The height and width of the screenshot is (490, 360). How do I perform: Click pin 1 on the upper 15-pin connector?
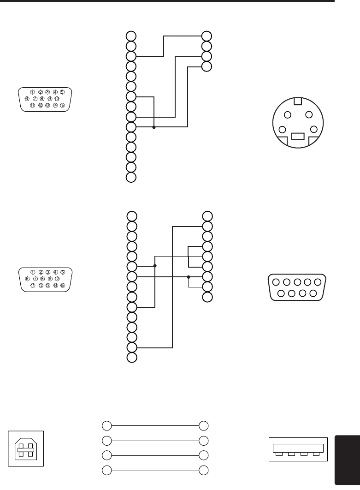click(x=33, y=92)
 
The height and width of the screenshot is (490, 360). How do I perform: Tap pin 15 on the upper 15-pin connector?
click(x=62, y=105)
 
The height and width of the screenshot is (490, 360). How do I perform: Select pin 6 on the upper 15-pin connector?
click(x=27, y=98)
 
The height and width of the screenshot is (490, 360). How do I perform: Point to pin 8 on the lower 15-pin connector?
click(x=42, y=278)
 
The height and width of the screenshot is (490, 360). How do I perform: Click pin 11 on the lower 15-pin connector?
click(x=33, y=285)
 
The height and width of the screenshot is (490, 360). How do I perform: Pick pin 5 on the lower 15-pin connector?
click(x=63, y=272)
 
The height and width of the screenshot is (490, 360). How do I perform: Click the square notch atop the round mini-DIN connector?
click(x=298, y=101)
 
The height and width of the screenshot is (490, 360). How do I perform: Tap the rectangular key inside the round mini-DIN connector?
click(x=298, y=137)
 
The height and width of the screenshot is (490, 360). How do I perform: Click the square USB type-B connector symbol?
click(x=26, y=448)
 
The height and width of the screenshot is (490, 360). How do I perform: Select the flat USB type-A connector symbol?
click(x=297, y=448)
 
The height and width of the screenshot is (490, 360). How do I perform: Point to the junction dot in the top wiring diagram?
click(x=153, y=127)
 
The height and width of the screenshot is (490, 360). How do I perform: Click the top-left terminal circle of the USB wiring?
click(x=106, y=425)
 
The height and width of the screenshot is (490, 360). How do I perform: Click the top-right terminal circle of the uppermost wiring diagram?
click(x=207, y=36)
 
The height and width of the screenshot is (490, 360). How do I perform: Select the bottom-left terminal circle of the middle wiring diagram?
click(x=132, y=358)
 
